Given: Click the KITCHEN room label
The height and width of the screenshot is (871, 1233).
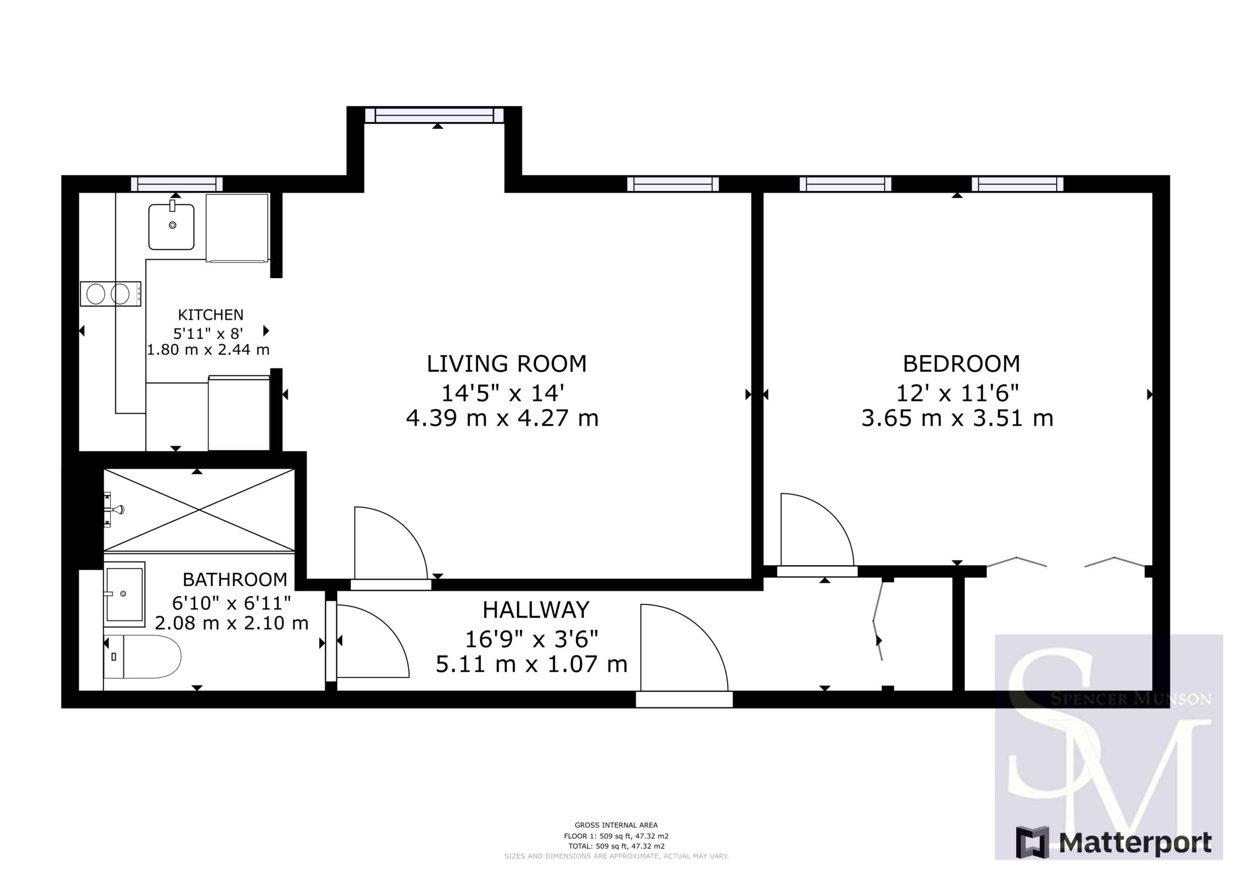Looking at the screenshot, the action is [210, 315].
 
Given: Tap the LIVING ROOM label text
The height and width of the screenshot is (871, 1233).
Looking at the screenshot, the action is [506, 364].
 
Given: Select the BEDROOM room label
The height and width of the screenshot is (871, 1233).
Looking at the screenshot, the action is [961, 364].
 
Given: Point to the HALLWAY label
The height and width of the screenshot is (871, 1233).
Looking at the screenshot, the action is [536, 610].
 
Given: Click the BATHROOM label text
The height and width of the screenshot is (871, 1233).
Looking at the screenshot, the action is [235, 579].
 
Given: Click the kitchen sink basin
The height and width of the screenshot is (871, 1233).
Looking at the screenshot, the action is [171, 227].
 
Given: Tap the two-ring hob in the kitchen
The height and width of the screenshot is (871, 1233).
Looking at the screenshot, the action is [111, 294].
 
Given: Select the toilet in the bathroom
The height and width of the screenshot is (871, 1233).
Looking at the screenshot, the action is [142, 657].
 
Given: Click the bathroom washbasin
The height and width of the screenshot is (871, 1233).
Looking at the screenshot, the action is [124, 594].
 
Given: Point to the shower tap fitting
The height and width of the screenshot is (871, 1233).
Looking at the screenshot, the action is [114, 509].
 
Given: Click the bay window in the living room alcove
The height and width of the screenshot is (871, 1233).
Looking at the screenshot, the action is [434, 115].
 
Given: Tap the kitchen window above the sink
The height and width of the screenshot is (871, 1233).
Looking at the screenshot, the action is [177, 184].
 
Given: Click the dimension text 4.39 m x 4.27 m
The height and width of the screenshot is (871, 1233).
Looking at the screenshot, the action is [502, 418].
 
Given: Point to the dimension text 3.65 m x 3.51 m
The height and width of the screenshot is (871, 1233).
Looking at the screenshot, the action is [958, 418].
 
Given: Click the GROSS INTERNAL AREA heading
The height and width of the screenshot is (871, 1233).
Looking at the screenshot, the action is [616, 825].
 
